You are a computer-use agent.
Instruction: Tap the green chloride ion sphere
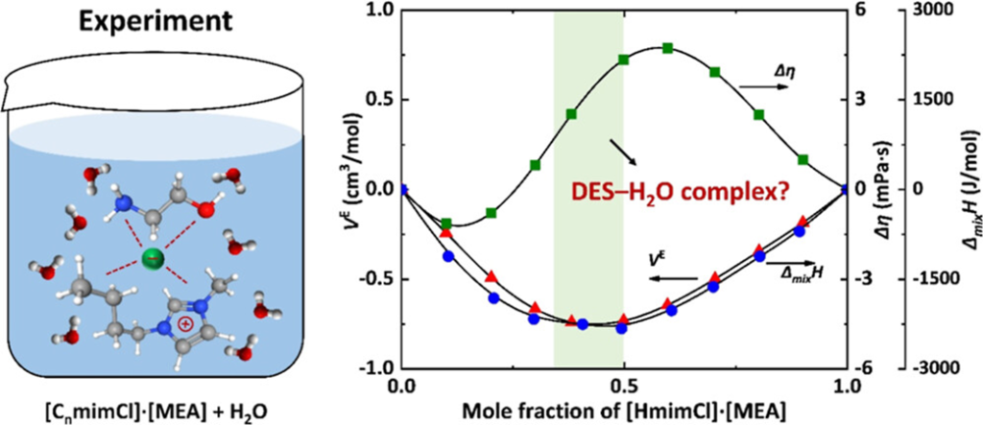click(x=150, y=260)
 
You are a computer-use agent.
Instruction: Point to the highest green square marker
click(x=667, y=48)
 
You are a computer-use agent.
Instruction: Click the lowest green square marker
click(x=445, y=223)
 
